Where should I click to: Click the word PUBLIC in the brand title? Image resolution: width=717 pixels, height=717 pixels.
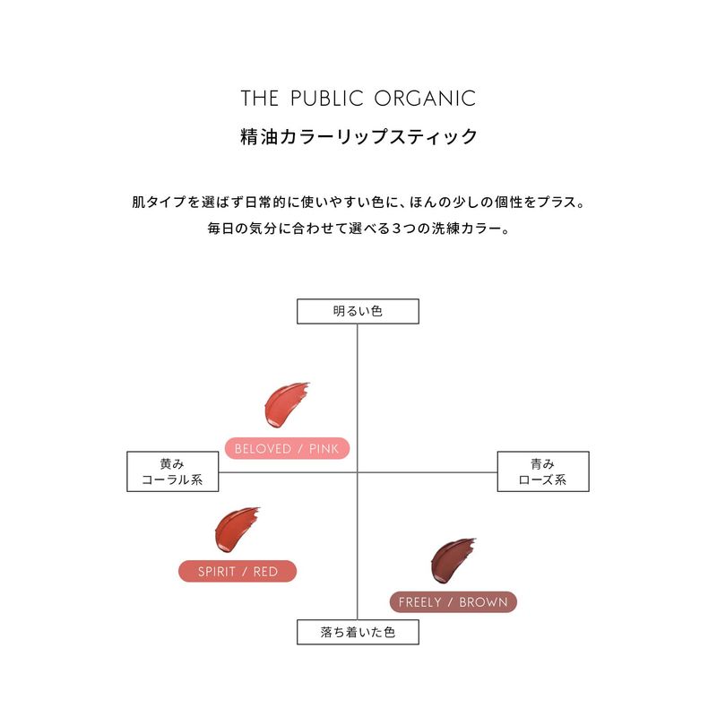[x=327, y=99]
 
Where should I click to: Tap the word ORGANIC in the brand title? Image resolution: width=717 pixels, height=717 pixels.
[x=425, y=99]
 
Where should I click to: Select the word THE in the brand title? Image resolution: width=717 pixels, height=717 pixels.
[x=260, y=99]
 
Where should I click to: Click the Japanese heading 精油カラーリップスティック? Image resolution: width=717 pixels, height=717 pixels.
[x=358, y=137]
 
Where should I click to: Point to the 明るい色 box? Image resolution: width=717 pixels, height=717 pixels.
[x=358, y=311]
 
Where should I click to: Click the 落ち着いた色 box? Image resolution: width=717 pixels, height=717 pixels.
[x=358, y=632]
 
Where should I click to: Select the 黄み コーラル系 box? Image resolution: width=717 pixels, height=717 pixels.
[x=173, y=471]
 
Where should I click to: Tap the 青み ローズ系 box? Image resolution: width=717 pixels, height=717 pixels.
[x=543, y=471]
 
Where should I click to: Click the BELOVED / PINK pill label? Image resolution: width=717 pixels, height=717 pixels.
[x=287, y=449]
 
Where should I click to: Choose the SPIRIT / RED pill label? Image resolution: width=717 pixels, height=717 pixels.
[x=238, y=571]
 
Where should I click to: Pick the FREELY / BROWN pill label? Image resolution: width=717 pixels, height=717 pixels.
[x=454, y=602]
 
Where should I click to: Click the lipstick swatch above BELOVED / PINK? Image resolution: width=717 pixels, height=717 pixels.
[x=285, y=405]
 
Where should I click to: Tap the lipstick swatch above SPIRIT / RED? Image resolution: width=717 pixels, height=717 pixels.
[x=236, y=529]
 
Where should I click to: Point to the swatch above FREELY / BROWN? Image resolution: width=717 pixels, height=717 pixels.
[x=453, y=561]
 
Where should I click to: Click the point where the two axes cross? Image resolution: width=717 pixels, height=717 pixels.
[x=357, y=472]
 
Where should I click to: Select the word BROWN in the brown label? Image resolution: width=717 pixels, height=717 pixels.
[x=483, y=602]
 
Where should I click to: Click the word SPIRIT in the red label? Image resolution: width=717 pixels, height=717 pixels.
[x=216, y=571]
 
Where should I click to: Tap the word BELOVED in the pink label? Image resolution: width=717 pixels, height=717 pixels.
[x=263, y=449]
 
